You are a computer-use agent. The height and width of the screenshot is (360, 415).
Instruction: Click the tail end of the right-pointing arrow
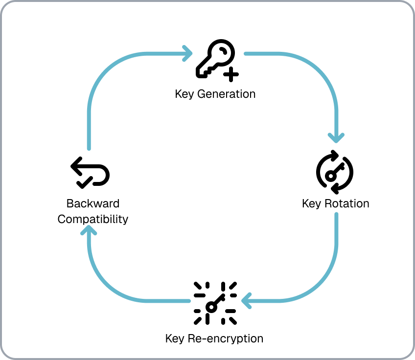pos(89,149)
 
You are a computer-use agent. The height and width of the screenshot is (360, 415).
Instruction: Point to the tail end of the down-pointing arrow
pos(245,53)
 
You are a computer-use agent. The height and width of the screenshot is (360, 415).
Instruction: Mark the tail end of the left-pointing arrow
pos(337,214)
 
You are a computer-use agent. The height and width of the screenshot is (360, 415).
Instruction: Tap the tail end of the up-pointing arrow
pos(188,301)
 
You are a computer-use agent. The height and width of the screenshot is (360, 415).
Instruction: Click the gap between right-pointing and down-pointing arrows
pos(218,53)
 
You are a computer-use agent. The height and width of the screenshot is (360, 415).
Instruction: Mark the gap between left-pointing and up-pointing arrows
pos(216,301)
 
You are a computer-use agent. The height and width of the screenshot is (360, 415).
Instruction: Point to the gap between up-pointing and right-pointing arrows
pos(89,188)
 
